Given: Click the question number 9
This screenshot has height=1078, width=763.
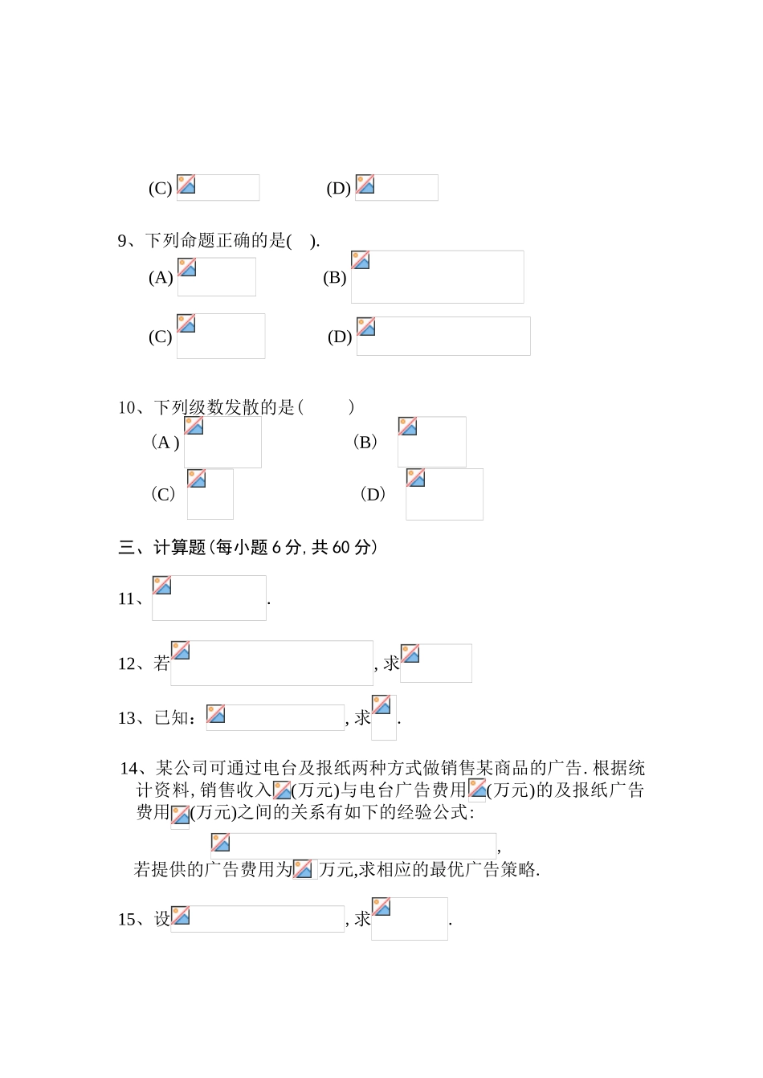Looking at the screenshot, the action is click(x=123, y=241).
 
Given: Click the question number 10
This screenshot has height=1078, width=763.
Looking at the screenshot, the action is click(x=127, y=408).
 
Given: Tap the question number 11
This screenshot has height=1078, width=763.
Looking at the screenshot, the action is click(x=127, y=599).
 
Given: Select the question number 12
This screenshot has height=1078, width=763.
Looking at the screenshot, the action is click(x=127, y=664).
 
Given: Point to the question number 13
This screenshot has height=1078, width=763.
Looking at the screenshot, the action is click(x=127, y=718).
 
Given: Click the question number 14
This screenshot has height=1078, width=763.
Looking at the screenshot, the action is click(x=129, y=769).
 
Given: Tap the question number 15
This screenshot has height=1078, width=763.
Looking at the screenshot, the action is click(x=127, y=920).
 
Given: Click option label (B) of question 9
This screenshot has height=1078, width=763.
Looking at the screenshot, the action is click(x=334, y=278).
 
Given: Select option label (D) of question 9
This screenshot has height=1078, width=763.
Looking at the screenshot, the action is click(x=340, y=337).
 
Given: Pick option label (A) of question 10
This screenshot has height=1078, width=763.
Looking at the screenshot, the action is click(x=165, y=443).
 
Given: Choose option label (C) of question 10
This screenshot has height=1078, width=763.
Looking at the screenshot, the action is click(x=163, y=494).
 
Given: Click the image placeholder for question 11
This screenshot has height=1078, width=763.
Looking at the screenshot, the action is click(x=209, y=598).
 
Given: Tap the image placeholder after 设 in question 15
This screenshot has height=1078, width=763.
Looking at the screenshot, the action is click(x=257, y=919).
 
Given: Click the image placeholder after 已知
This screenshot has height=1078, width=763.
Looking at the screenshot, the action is click(x=275, y=717).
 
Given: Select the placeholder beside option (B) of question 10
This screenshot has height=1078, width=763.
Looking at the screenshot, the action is click(x=431, y=442).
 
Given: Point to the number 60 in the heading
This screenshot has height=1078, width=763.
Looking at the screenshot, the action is click(x=341, y=548).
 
